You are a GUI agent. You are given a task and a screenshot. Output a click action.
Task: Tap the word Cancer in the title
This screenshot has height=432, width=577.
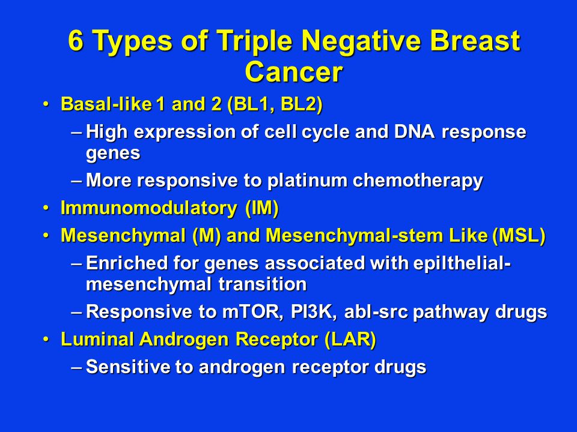pos(294,72)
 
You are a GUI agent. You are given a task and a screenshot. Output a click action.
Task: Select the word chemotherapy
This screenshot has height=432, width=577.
pos(418,181)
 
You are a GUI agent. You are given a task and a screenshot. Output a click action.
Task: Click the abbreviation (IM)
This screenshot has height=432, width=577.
pos(262,208)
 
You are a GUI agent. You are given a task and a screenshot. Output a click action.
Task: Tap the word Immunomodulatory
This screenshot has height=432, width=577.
pos(149,208)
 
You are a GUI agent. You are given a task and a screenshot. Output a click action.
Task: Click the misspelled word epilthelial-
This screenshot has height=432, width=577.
pos(462,263)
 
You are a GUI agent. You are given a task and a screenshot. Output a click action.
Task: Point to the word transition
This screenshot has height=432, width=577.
pos(263,284)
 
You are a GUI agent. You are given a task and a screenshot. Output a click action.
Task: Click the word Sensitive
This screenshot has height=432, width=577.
pos(128,367)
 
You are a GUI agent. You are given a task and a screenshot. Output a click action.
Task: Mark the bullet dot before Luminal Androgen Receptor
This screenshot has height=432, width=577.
pos(46,340)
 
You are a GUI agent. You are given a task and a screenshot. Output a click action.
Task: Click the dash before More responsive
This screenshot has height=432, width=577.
pos(77,181)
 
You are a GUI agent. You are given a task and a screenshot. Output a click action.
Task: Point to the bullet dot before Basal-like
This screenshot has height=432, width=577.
pos(46,105)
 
